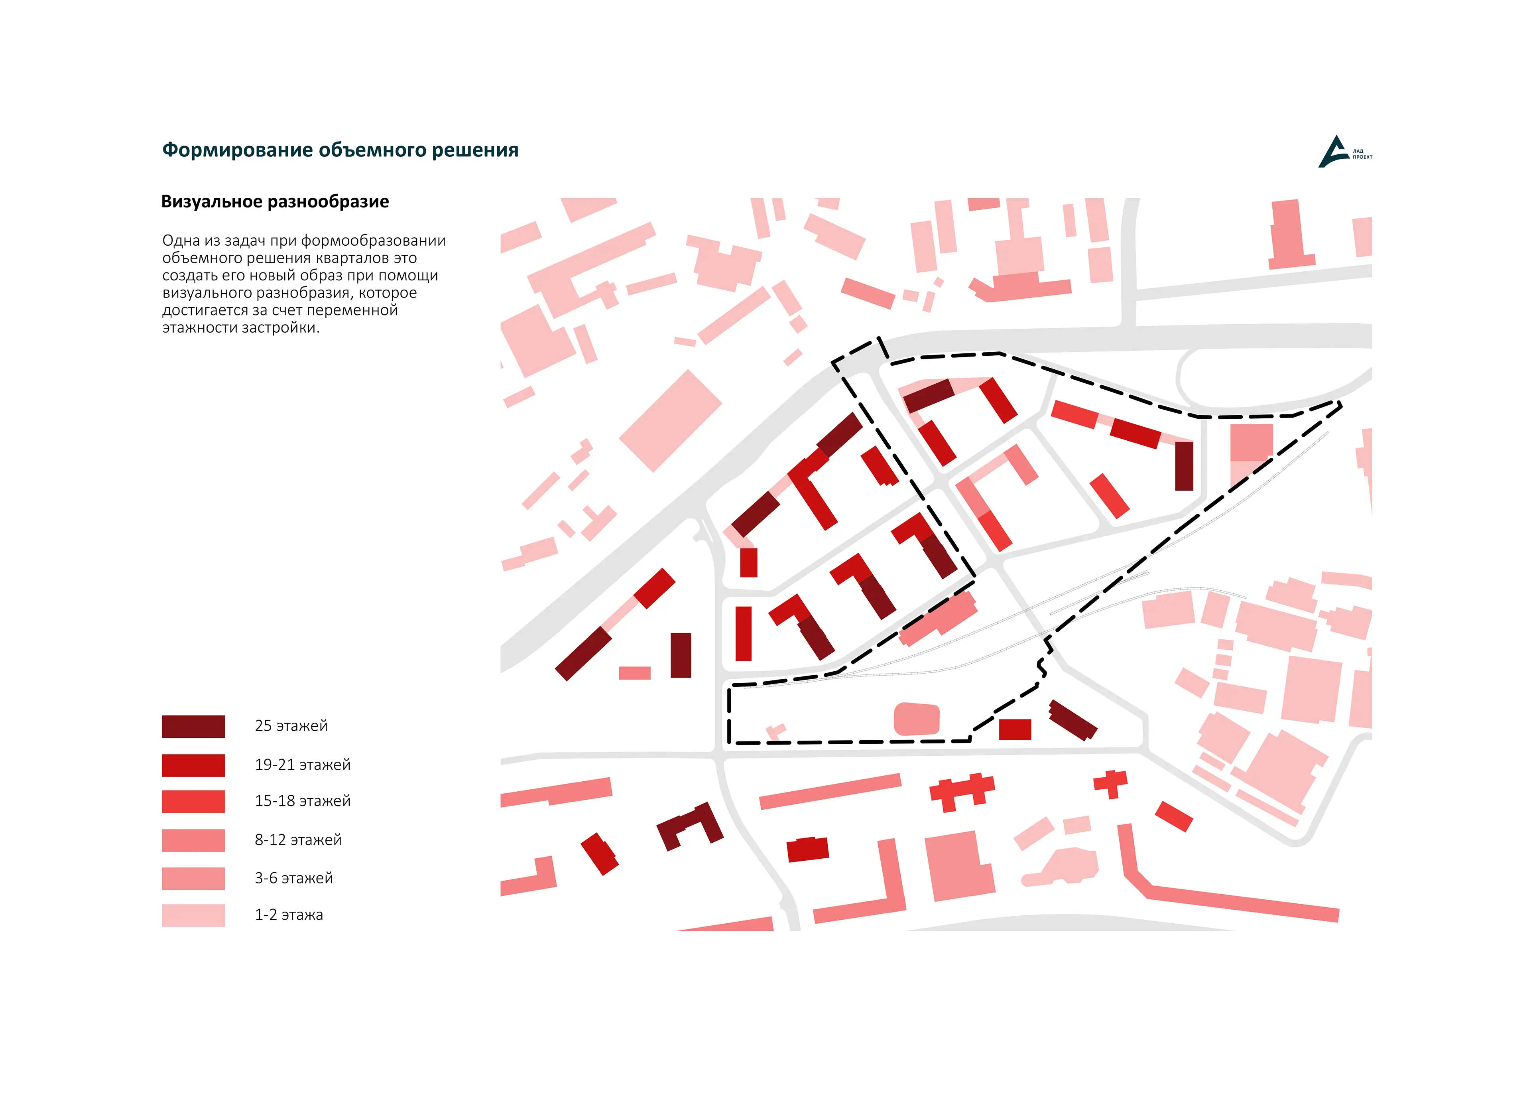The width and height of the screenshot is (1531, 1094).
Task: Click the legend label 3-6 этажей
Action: [293, 879]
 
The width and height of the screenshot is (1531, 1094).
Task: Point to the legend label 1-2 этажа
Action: [288, 915]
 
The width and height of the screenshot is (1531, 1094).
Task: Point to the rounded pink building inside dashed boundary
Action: [916, 719]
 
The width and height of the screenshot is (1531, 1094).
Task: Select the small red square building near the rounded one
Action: [1015, 729]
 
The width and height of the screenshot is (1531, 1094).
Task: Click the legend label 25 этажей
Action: [291, 726]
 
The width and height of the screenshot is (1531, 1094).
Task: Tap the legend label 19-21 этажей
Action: [302, 765]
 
